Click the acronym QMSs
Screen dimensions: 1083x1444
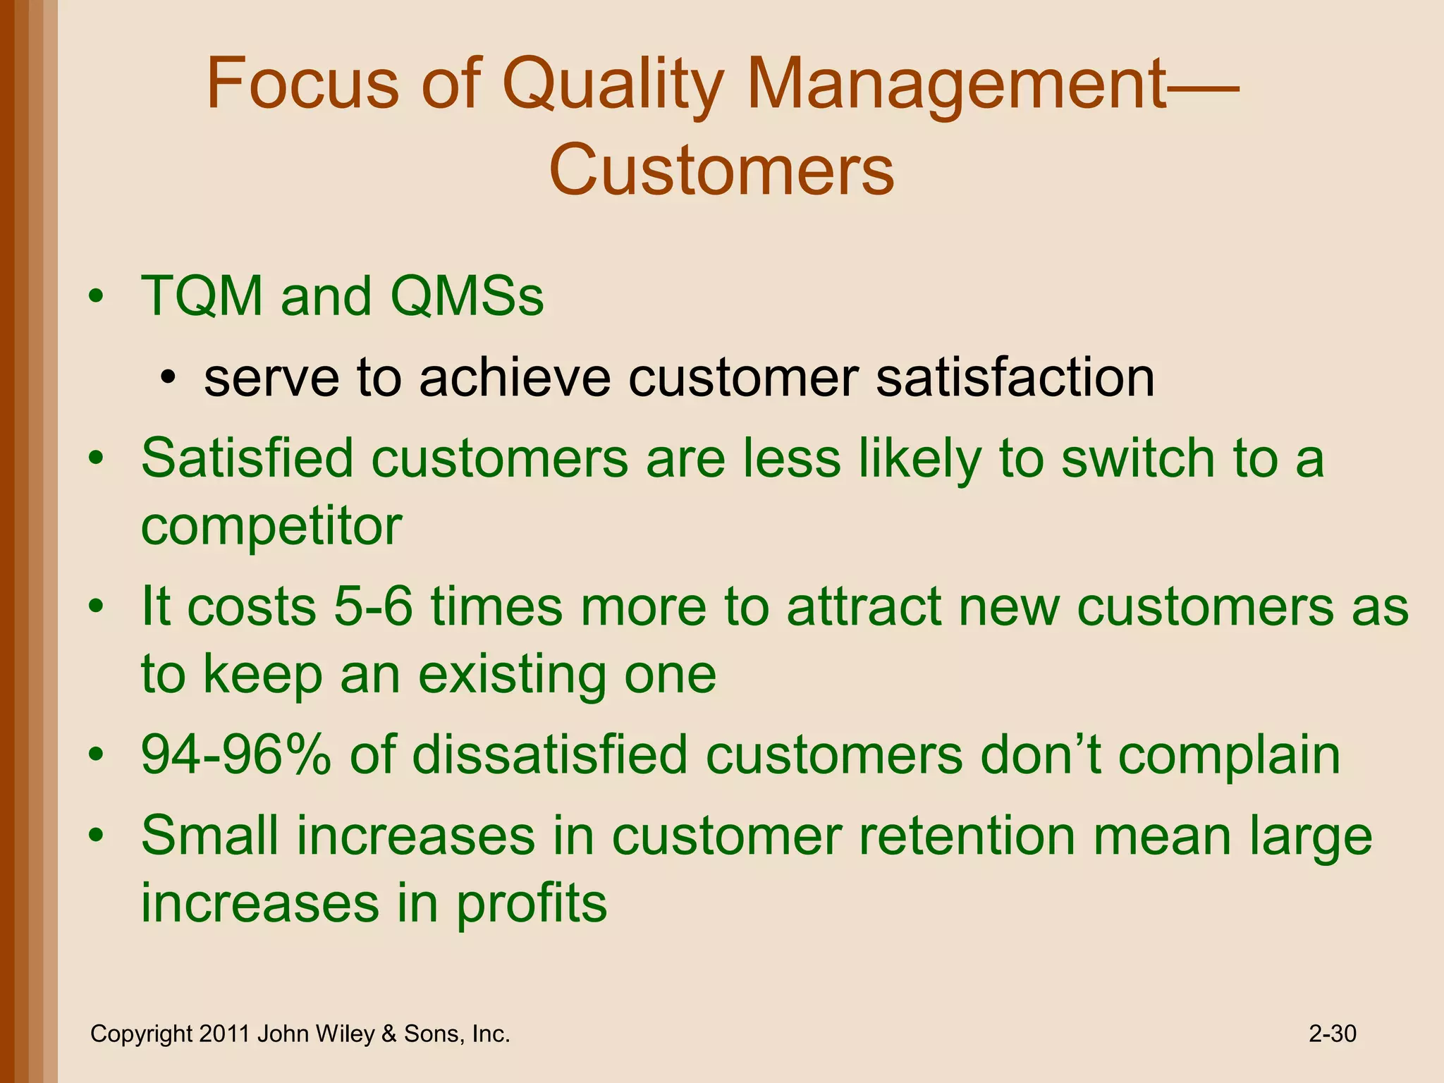point(466,296)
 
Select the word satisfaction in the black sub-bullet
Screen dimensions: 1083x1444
point(1015,378)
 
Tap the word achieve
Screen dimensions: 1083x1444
point(515,378)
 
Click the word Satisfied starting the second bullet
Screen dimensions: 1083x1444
point(246,458)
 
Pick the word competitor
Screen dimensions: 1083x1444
point(271,526)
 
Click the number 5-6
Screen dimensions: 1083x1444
point(373,606)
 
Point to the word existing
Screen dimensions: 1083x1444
point(512,674)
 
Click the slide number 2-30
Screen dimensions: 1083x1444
point(1332,1034)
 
